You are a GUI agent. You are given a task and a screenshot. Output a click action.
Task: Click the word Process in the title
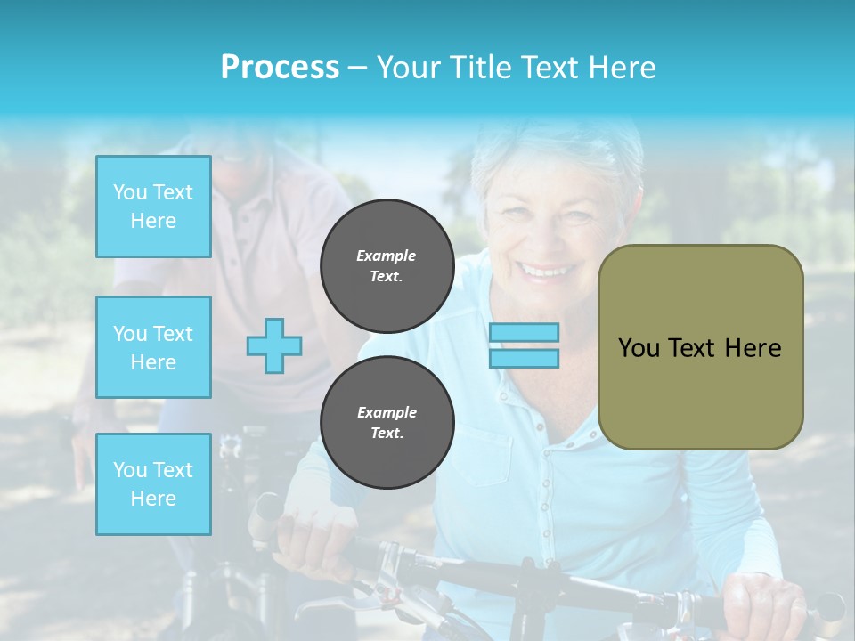280,67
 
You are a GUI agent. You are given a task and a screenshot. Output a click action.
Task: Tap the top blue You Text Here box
153,207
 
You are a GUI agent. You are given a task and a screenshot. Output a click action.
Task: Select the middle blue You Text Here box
153,347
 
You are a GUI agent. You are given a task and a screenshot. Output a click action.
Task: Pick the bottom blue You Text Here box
153,483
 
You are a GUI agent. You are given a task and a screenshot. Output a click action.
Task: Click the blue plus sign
274,345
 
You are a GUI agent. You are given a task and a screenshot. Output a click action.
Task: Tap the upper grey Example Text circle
387,265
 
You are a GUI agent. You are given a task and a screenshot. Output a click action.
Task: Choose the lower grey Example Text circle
387,422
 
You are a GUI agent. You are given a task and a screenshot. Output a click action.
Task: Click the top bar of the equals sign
524,332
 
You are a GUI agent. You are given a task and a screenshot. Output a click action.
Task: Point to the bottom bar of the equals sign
524,358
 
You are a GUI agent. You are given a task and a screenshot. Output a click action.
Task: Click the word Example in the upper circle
387,256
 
